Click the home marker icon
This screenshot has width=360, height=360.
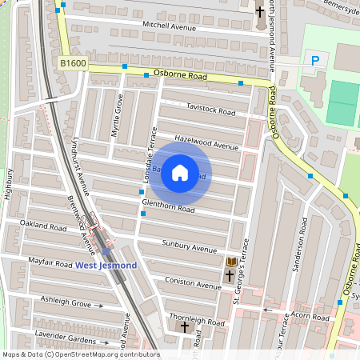coord(180,173)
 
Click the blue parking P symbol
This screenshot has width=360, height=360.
coord(314,60)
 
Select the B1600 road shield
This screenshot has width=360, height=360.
coord(72,62)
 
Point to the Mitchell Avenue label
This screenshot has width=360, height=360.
coord(169,26)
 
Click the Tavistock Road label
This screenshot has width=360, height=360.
coord(210,110)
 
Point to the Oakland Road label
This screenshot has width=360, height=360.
coord(43,226)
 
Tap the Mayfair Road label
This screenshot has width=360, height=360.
coord(50,262)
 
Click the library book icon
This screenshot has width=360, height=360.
coord(232,262)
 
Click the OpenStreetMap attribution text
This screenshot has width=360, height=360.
coord(80,354)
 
